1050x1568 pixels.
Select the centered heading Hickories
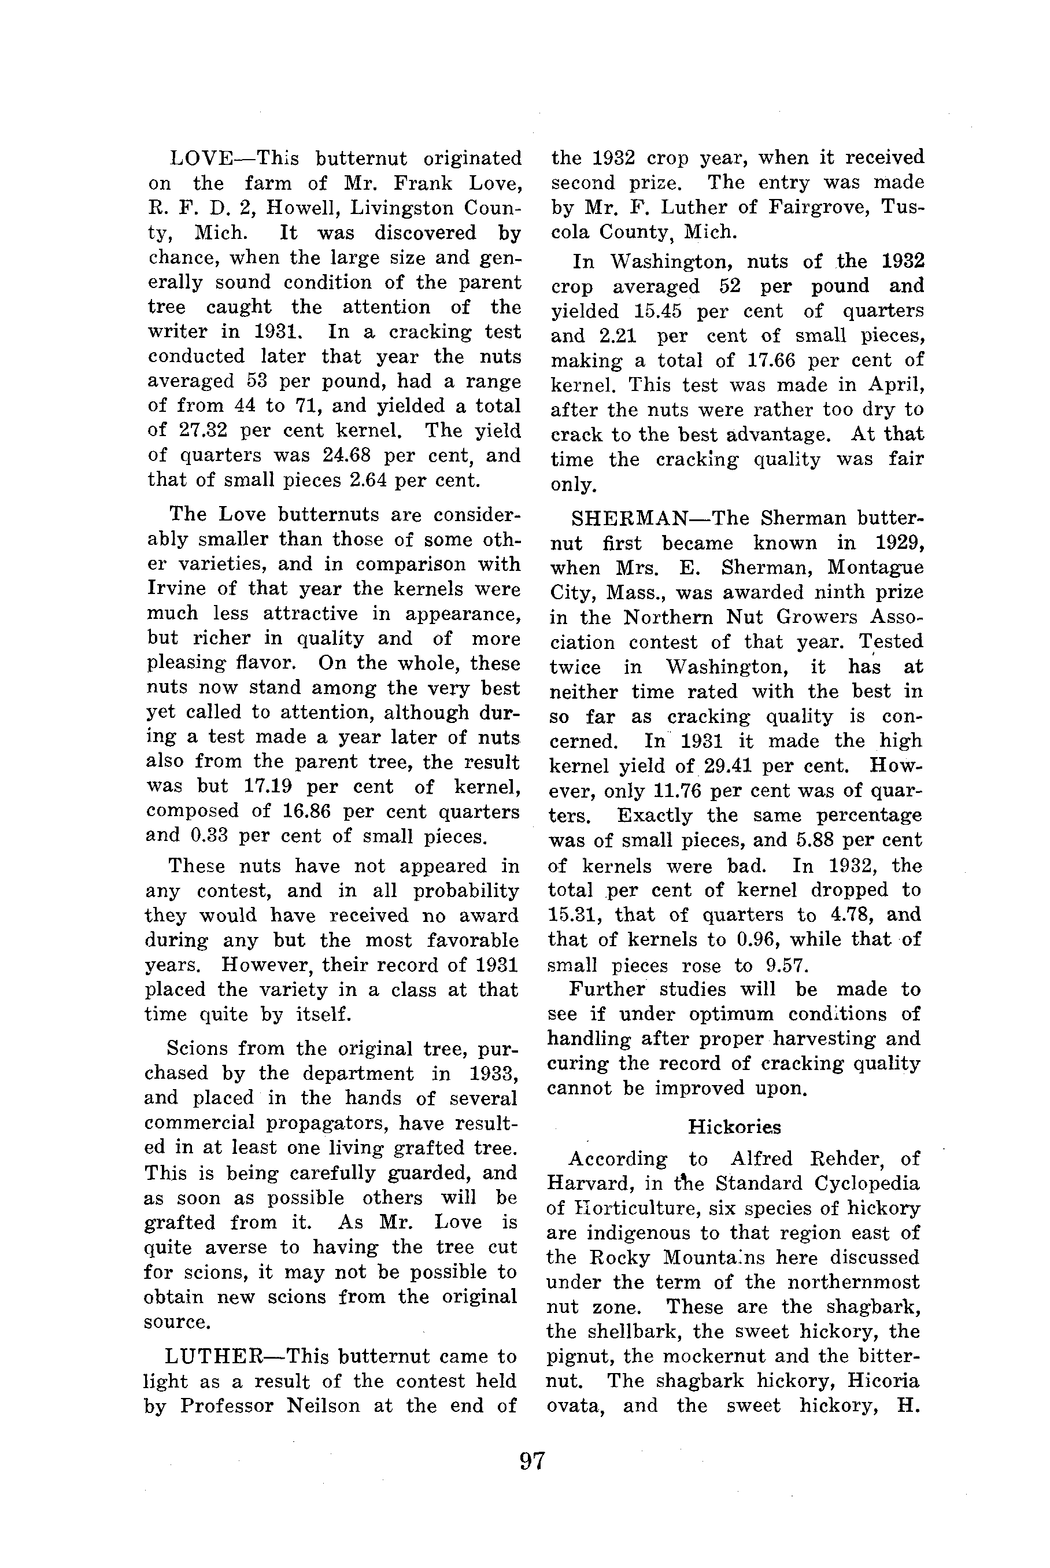pyautogui.click(x=735, y=1127)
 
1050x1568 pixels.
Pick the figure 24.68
pyautogui.click(x=350, y=455)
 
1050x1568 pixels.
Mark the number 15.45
pyautogui.click(x=656, y=311)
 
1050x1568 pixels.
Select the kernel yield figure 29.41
pyautogui.click(x=723, y=766)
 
